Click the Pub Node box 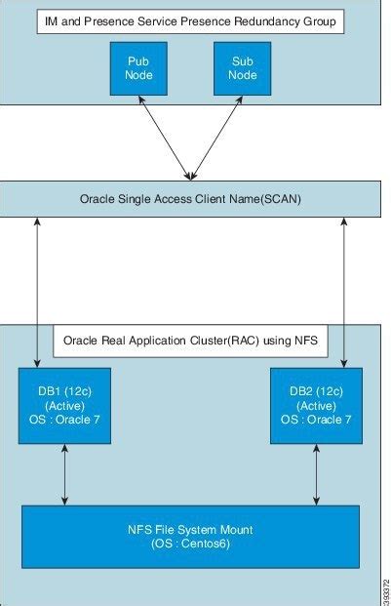pos(138,68)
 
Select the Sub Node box pos(243,68)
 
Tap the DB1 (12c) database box pos(64,405)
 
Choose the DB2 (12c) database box pos(316,405)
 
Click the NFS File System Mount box pos(190,537)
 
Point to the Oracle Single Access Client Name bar pos(190,199)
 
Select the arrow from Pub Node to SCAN pos(165,138)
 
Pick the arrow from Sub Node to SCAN pos(216,138)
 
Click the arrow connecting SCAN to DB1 pos(37,292)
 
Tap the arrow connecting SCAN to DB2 pos(344,292)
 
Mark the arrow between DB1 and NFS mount pos(64,474)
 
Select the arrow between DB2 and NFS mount pos(316,474)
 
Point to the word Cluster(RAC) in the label pos(224,341)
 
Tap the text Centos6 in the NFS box pos(206,544)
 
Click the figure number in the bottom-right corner pos(386,591)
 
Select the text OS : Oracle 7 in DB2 pos(316,420)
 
